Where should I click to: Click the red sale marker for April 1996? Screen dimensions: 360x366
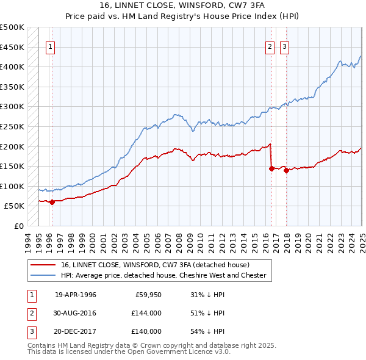pos(52,202)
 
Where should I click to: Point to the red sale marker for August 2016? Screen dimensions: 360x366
pos(272,169)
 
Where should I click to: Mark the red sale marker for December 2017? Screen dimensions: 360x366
pos(286,170)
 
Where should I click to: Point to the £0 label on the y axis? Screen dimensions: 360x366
pos(20,226)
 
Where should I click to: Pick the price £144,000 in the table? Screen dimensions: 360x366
pos(146,313)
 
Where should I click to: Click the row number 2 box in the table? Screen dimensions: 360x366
pos(30,313)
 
